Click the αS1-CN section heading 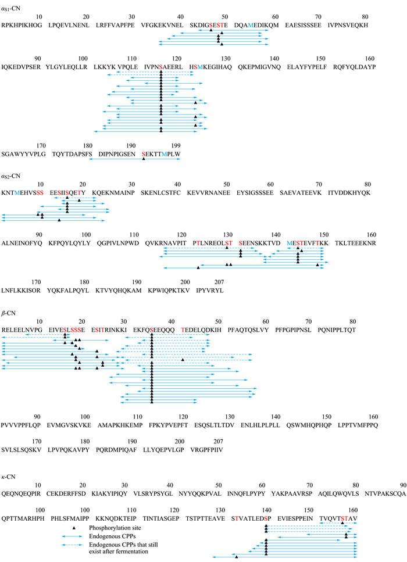tap(11, 8)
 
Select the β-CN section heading tap(9, 313)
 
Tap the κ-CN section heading tap(9, 477)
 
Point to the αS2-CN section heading tap(11, 176)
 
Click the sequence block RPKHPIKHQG tap(22, 25)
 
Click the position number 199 tap(176, 145)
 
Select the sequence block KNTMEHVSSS tap(22, 193)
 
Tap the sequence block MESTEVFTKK tap(308, 243)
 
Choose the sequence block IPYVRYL tap(210, 291)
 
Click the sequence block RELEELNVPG tap(22, 330)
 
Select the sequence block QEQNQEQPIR tap(21, 493)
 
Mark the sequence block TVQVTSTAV tap(338, 518)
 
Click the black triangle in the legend tap(74, 528)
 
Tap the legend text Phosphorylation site tap(115, 528)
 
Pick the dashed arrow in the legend tap(74, 545)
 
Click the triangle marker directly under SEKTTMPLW tap(144, 159)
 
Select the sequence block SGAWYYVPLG tap(24, 154)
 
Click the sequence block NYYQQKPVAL tap(200, 493)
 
